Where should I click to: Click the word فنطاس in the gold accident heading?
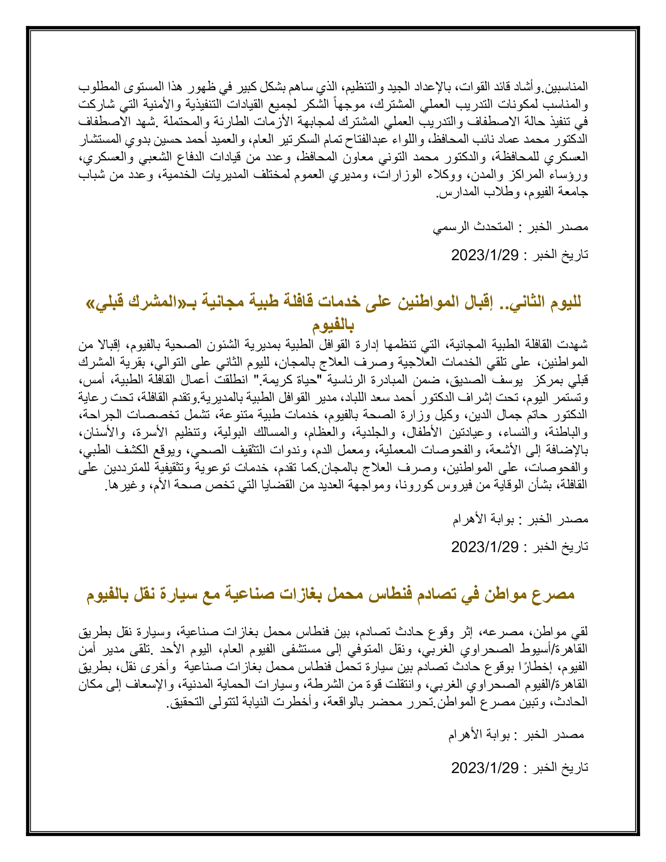(389, 594)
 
